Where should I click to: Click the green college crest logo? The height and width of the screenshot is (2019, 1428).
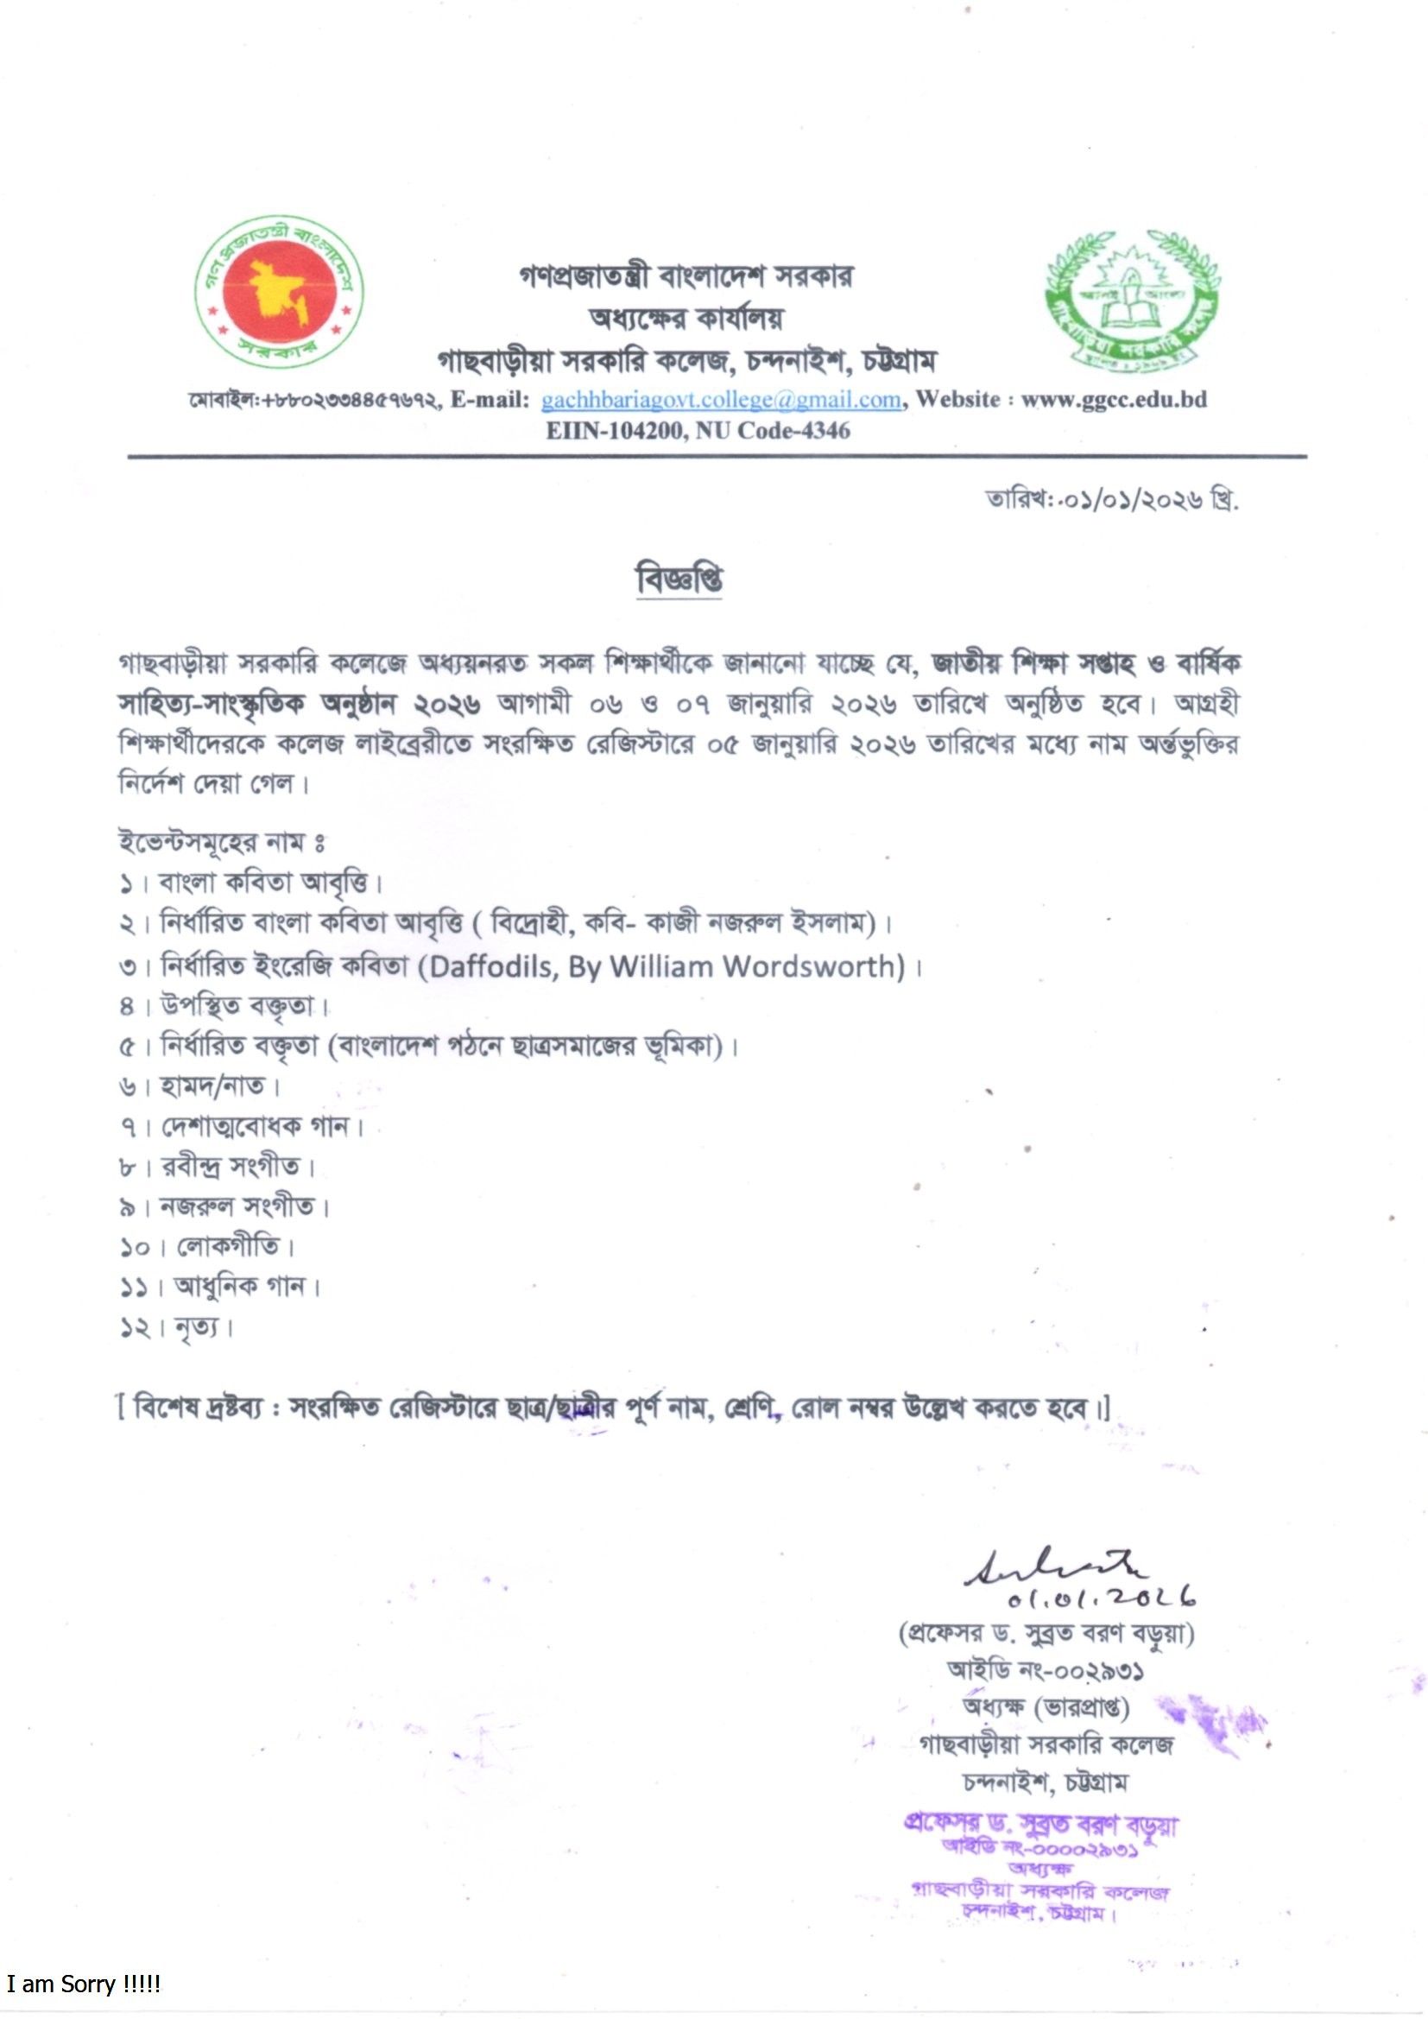[1132, 299]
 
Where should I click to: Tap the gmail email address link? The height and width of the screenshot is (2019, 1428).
[721, 400]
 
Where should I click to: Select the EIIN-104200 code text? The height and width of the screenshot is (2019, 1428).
[613, 430]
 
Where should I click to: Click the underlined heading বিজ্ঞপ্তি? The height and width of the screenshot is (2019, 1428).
[679, 579]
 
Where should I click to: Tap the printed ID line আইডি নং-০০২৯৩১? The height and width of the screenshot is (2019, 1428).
[1045, 1670]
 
